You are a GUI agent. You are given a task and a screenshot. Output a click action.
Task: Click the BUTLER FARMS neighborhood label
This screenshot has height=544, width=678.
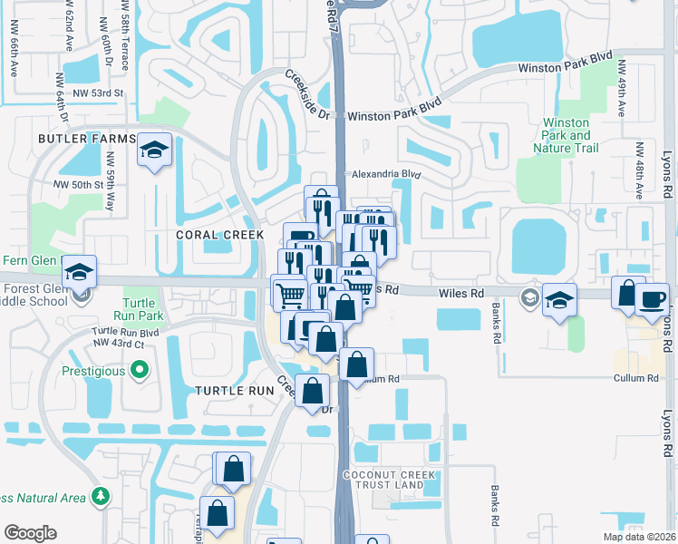pyautogui.click(x=86, y=139)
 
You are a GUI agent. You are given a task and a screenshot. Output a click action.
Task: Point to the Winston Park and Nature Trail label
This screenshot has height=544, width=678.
pyautogui.click(x=566, y=135)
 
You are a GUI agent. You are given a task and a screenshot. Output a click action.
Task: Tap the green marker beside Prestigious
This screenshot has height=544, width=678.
pyautogui.click(x=139, y=370)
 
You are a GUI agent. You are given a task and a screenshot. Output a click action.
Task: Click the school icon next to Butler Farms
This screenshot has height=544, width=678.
pyautogui.click(x=155, y=151)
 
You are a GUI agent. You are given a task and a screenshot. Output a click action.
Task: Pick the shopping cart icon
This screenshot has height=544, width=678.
pyautogui.click(x=289, y=294)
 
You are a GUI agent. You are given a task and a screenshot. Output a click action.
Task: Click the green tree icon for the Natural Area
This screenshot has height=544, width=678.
pyautogui.click(x=101, y=496)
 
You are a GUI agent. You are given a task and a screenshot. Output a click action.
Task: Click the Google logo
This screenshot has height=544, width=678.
pyautogui.click(x=30, y=533)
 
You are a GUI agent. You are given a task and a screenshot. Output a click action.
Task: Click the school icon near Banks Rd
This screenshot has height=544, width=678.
pyautogui.click(x=559, y=301)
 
